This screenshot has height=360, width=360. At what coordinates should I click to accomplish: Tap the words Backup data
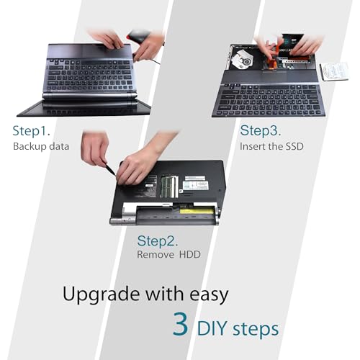tap(41, 147)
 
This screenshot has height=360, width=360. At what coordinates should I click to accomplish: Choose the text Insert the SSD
tap(272, 146)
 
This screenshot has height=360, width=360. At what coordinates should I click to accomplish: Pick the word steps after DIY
tap(258, 330)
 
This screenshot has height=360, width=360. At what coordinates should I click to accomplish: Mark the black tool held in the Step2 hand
tap(110, 170)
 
